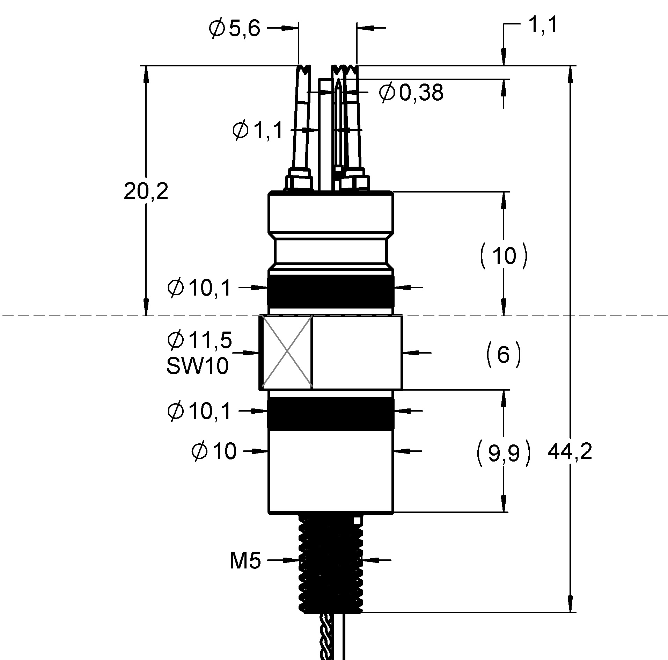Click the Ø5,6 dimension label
click(234, 29)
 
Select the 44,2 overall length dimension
click(570, 452)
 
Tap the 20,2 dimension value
click(146, 192)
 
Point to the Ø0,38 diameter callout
click(411, 93)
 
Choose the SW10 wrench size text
click(198, 366)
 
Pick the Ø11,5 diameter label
click(200, 340)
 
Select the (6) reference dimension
click(503, 355)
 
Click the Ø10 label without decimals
click(214, 451)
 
